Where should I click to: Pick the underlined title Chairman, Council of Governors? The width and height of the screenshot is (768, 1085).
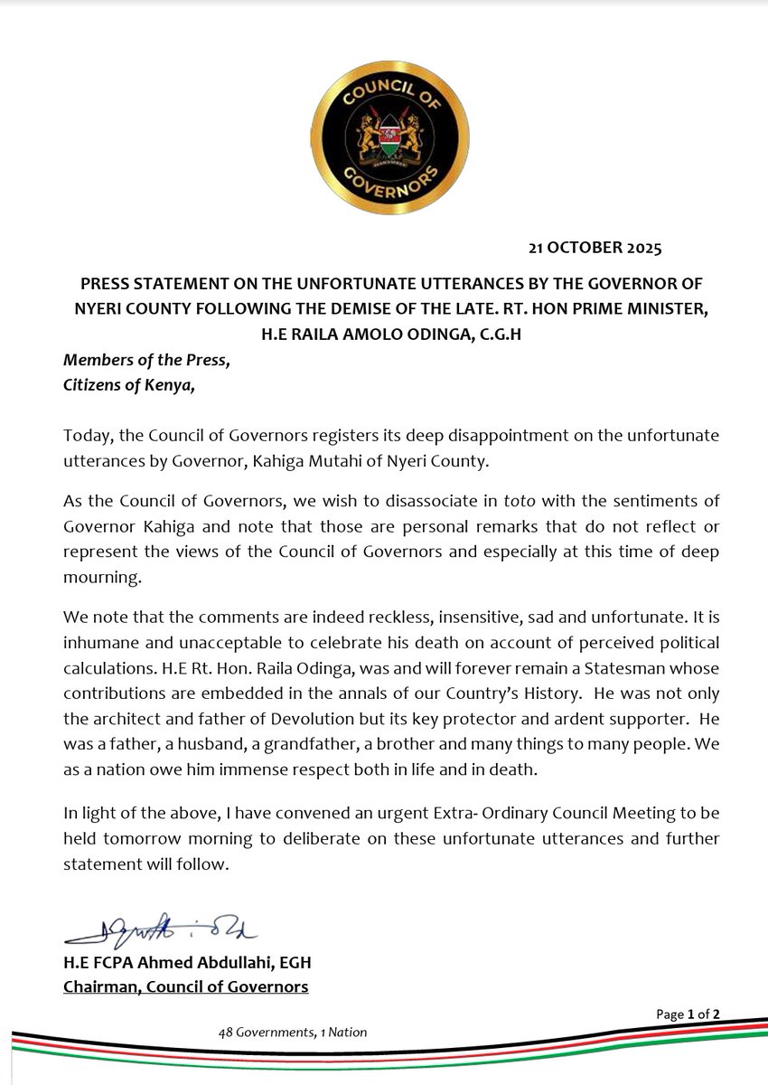185,987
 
